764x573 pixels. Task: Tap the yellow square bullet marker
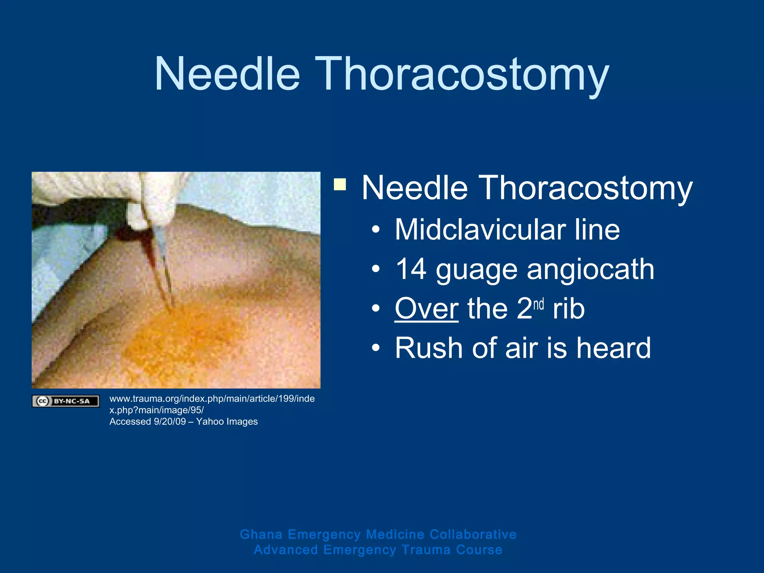(340, 184)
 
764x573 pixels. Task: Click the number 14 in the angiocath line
(411, 269)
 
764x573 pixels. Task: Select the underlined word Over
(426, 309)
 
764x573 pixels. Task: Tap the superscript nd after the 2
(538, 304)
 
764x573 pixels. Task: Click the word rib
(569, 309)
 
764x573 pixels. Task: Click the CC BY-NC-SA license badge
(66, 401)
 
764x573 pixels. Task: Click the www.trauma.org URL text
(212, 399)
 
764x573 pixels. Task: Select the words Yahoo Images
(227, 422)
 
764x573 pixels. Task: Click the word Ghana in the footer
(261, 534)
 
